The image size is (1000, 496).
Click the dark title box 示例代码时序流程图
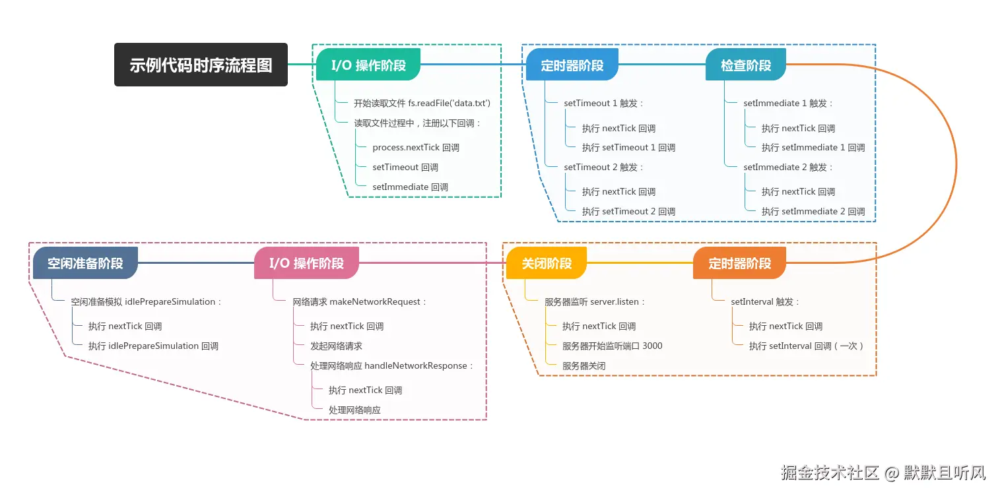tap(201, 65)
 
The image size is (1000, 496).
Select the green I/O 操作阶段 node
tap(368, 65)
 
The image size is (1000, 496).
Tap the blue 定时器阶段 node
tap(572, 65)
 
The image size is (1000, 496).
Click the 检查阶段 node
tap(745, 65)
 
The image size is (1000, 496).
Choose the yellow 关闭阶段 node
tap(547, 263)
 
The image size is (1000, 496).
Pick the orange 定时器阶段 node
tap(739, 263)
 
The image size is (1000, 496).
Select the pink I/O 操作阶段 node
tap(306, 263)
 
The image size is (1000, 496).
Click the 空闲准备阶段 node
tap(85, 263)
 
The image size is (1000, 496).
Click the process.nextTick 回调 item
tap(416, 147)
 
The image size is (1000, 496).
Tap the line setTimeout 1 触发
tap(603, 103)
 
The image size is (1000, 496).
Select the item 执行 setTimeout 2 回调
tap(628, 212)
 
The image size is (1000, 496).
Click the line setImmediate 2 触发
tap(788, 168)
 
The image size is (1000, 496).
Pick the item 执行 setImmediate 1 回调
tap(813, 147)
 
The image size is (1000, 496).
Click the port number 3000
tap(652, 346)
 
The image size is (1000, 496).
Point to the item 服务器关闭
tap(583, 366)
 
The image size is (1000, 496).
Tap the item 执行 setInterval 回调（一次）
tap(806, 346)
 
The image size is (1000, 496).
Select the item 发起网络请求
tap(336, 346)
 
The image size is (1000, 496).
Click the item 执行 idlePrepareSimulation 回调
tap(153, 346)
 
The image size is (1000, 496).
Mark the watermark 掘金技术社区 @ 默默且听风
tap(883, 472)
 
